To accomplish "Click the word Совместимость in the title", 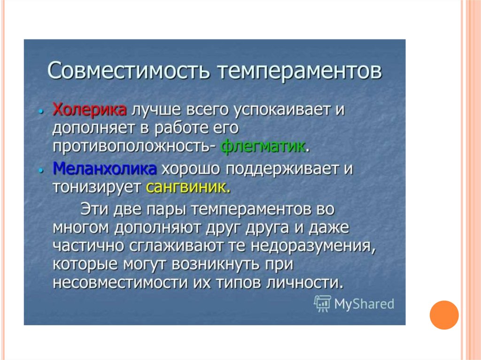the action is pyautogui.click(x=129, y=71).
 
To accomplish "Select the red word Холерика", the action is pyautogui.click(x=90, y=109).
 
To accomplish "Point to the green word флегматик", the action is pyautogui.click(x=263, y=146).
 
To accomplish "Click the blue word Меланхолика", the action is pyautogui.click(x=105, y=169).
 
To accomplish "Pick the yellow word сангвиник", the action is pyautogui.click(x=188, y=187).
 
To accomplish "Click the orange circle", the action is pyautogui.click(x=444, y=315).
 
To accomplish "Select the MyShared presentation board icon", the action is pyautogui.click(x=322, y=304).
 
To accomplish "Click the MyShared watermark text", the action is pyautogui.click(x=364, y=304).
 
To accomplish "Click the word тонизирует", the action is pyautogui.click(x=97, y=187).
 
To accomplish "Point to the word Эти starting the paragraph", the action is pyautogui.click(x=94, y=209).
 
